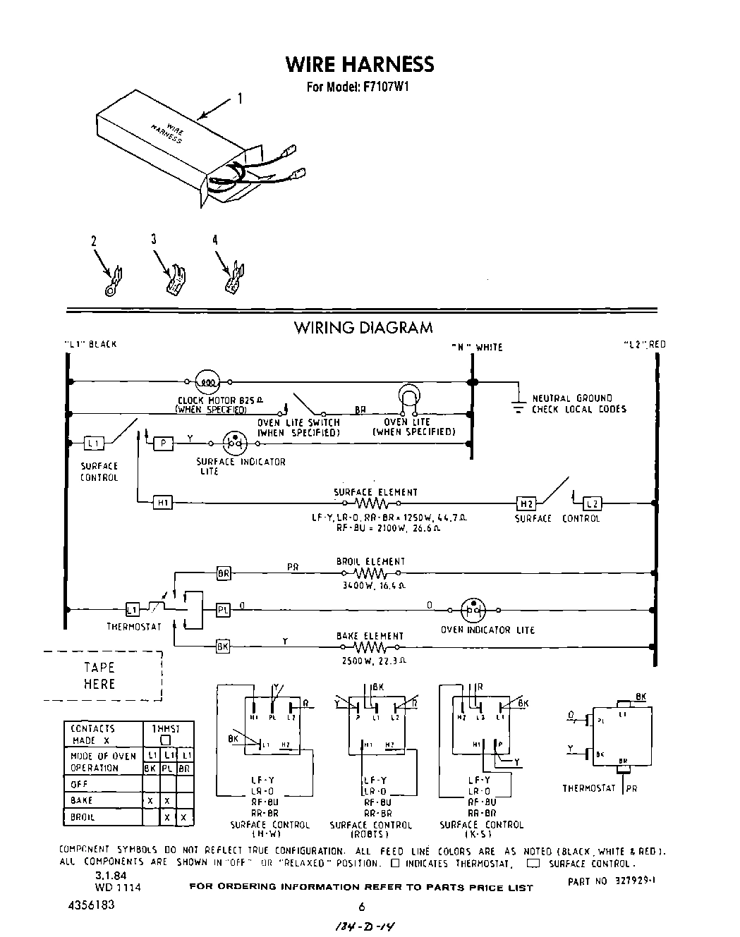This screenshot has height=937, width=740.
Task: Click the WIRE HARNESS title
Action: pyautogui.click(x=359, y=65)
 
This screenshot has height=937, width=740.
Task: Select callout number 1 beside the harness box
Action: pyautogui.click(x=238, y=99)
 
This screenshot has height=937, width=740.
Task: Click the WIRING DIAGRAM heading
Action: pyautogui.click(x=363, y=328)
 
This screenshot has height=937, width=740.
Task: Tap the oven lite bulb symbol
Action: pyautogui.click(x=409, y=396)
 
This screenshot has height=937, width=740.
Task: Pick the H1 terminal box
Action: pyautogui.click(x=162, y=503)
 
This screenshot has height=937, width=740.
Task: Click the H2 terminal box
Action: pyautogui.click(x=526, y=503)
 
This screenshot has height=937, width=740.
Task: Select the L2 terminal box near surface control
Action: pyautogui.click(x=593, y=503)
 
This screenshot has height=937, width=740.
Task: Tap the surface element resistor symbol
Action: pyautogui.click(x=371, y=504)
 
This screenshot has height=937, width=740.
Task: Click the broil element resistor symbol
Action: pyautogui.click(x=371, y=573)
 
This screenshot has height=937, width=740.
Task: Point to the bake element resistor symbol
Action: pyautogui.click(x=371, y=647)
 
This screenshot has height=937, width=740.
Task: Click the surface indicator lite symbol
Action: pyautogui.click(x=233, y=444)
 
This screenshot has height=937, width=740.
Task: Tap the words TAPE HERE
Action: pyautogui.click(x=99, y=675)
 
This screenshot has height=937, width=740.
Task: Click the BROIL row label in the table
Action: pyautogui.click(x=83, y=818)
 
